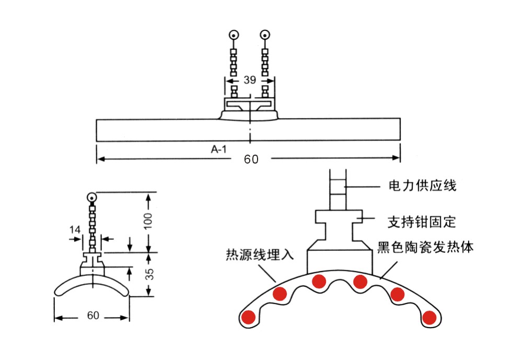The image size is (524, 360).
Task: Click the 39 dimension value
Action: pos(250,80)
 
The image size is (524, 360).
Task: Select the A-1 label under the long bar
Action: pos(219,150)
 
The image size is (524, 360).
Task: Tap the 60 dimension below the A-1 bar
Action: pos(251,159)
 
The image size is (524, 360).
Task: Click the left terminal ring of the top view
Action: pos(233,36)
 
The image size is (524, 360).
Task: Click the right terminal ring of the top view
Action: pos(266,36)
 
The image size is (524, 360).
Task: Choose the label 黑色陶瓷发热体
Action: pos(425,248)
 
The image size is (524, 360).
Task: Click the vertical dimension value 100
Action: pos(149,222)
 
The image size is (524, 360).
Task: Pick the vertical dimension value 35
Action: pos(149,274)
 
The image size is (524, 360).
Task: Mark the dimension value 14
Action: pos(74,228)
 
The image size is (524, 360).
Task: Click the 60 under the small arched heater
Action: pos(92,316)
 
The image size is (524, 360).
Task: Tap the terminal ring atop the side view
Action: pos(92,198)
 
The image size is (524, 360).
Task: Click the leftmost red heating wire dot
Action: pos(249,317)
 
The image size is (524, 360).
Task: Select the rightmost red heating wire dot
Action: pos(429,317)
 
